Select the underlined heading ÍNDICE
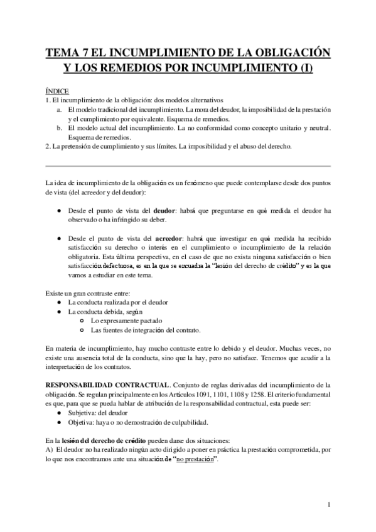58,91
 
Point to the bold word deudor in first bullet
164,211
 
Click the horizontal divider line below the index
188,166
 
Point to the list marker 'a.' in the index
58,110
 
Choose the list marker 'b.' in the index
58,128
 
